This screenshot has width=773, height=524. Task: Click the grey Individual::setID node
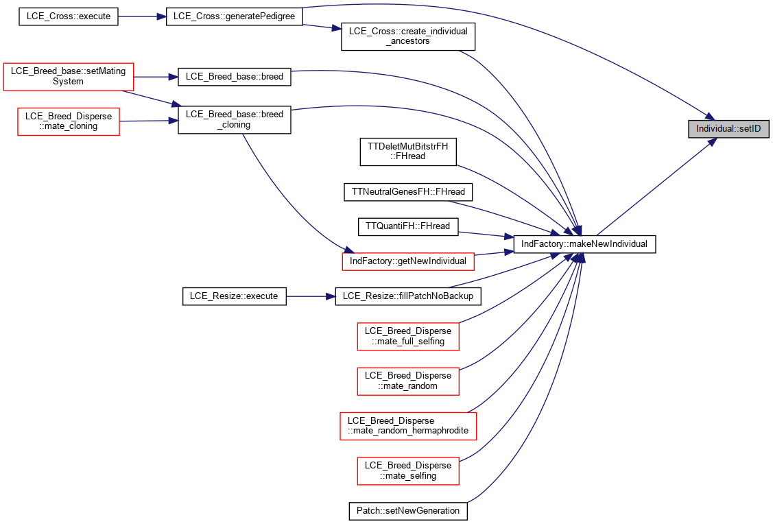point(728,129)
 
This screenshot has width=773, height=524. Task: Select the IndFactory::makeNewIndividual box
point(584,244)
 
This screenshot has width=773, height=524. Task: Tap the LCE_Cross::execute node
point(69,16)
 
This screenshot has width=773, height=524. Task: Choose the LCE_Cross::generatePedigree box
point(234,16)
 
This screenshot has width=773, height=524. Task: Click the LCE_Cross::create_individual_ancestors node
point(408,36)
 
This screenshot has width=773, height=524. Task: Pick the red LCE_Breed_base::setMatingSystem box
point(69,76)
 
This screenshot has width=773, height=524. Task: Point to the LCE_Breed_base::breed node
point(234,77)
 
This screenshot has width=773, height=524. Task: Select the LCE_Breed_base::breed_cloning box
point(234,119)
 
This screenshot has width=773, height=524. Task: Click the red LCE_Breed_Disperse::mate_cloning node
point(69,121)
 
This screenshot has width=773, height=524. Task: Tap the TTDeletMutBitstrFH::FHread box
point(408,152)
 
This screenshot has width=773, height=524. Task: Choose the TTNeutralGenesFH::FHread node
point(408,192)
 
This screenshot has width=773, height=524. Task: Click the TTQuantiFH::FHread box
point(407,226)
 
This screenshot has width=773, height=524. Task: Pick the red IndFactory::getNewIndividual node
point(408,261)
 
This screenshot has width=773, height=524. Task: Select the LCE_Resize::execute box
point(234,296)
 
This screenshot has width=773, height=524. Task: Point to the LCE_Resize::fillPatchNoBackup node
point(408,296)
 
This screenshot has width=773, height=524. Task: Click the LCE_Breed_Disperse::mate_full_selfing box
point(408,336)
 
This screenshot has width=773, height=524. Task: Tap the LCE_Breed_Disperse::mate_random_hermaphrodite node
point(408,426)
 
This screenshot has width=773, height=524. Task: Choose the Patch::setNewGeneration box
point(408,511)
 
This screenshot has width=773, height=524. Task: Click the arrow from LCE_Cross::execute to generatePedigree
point(142,16)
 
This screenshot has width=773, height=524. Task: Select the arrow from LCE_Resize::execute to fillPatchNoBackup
point(311,296)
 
